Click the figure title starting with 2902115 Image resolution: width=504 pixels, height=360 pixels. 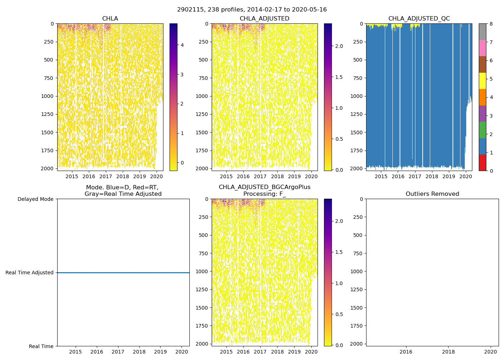click(252, 10)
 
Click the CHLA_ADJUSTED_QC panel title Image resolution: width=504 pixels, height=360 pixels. click(419, 19)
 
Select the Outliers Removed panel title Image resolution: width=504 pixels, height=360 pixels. click(432, 194)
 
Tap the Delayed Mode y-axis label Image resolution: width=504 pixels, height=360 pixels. click(35, 199)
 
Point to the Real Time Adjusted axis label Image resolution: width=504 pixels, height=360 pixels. click(30, 273)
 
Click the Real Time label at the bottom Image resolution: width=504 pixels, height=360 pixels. click(41, 346)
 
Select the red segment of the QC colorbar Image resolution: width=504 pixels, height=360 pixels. click(482, 162)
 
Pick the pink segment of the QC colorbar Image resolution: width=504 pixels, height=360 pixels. click(482, 48)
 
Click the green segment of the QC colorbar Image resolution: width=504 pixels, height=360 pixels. click(482, 130)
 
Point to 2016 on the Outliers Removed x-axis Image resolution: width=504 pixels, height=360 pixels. click(406, 352)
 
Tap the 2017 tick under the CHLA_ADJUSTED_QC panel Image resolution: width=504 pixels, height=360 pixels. click(415, 176)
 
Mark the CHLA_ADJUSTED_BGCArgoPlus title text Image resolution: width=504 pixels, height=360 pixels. click(264, 187)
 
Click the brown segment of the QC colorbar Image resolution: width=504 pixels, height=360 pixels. click(482, 64)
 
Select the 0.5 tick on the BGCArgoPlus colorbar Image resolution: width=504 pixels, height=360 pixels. click(339, 314)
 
